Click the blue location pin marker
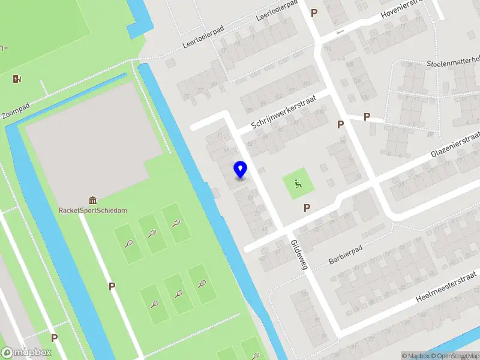click(241, 170)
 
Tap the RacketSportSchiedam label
click(92, 211)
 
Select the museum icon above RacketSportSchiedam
click(92, 200)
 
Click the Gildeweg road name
click(299, 256)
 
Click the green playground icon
click(296, 184)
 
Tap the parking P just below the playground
click(307, 208)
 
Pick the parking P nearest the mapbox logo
click(54, 338)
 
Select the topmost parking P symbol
click(313, 12)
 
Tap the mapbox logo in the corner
click(26, 353)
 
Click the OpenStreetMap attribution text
click(455, 356)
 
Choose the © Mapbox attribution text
click(415, 356)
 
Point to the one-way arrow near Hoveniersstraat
click(341, 32)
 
